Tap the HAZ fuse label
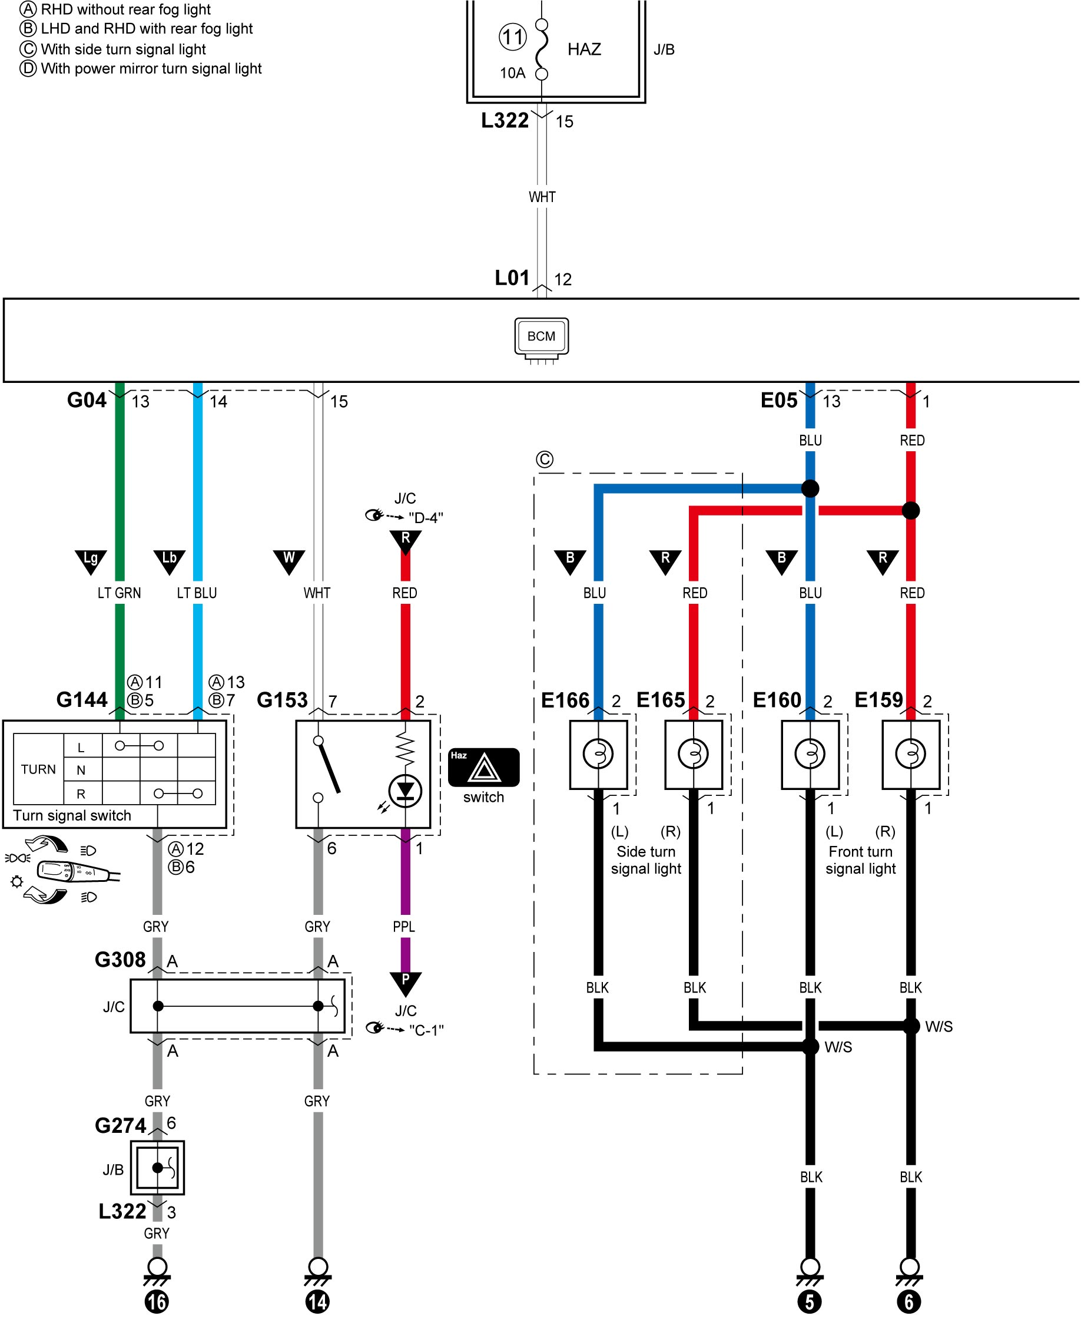584,49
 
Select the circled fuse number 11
512,37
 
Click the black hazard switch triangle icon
484,767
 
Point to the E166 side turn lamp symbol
598,754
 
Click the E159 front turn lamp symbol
910,754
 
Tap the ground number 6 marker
909,1301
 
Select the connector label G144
82,700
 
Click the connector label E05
779,400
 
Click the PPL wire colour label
403,927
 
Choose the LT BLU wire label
197,593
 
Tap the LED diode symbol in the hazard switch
405,791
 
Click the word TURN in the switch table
39,769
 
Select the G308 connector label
120,960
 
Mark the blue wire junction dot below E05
810,488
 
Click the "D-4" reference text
426,518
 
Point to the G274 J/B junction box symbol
158,1168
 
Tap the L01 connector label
512,278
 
